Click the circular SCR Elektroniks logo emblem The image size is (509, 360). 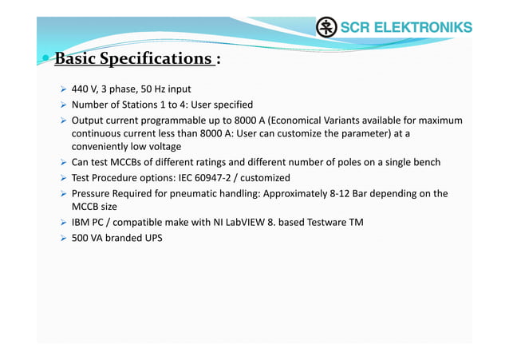(x=326, y=28)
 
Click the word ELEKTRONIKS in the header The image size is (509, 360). (x=421, y=28)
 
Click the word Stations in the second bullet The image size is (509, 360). (x=139, y=105)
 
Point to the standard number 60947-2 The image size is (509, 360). (x=220, y=178)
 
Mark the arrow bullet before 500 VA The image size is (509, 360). (x=62, y=238)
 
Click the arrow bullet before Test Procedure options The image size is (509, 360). (x=62, y=178)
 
